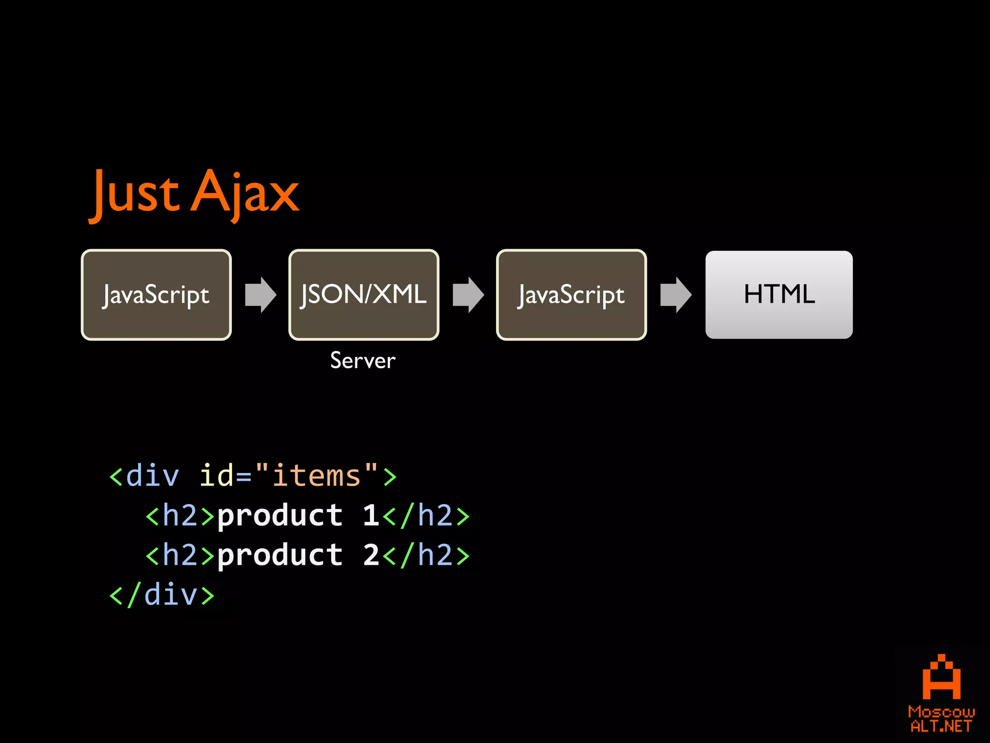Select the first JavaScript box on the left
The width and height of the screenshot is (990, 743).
pos(156,295)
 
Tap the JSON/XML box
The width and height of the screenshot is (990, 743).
pos(364,295)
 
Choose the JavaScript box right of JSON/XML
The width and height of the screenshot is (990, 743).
pos(571,295)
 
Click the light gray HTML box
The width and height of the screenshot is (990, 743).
pos(779,295)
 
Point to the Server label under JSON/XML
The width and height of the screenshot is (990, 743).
pos(363,361)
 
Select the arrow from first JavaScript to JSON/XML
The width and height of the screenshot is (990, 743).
pos(261,295)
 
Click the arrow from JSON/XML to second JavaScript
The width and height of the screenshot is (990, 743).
pos(468,295)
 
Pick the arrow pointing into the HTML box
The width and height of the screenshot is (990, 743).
pos(676,295)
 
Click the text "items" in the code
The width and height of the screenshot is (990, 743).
pos(316,476)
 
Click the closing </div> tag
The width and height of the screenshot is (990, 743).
pos(162,595)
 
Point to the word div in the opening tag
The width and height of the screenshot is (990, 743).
pos(152,476)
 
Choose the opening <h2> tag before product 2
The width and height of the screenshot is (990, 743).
pos(180,555)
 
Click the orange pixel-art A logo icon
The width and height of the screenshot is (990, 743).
pos(941,677)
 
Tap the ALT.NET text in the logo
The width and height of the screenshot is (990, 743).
pos(941,726)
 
